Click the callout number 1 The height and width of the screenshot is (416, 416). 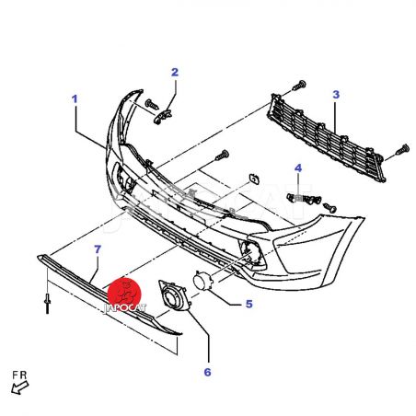[x=75, y=99]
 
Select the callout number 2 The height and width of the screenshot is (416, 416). [x=175, y=73]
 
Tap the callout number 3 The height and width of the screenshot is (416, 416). [x=336, y=95]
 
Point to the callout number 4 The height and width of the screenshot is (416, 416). [x=298, y=168]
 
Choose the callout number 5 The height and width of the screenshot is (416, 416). [x=248, y=304]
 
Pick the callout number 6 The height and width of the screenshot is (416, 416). [x=207, y=372]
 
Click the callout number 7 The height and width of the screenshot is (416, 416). [x=98, y=249]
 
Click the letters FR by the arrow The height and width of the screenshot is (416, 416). [x=19, y=375]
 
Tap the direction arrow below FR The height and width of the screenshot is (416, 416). [x=20, y=387]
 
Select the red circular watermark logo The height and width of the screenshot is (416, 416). [x=124, y=293]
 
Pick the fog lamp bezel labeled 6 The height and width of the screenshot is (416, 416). [x=174, y=295]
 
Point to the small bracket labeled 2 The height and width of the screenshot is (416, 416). [x=162, y=117]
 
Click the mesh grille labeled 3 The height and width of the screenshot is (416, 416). [x=326, y=138]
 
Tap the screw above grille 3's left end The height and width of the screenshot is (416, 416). [x=299, y=85]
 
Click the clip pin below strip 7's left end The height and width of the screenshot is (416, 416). [x=48, y=304]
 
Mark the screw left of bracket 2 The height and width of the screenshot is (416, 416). [x=152, y=104]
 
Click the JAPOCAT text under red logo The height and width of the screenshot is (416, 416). [x=125, y=308]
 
